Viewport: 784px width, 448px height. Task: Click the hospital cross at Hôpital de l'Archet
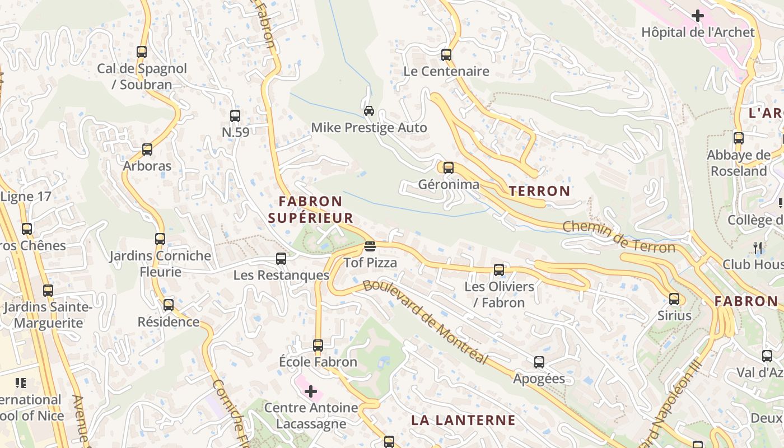pos(697,16)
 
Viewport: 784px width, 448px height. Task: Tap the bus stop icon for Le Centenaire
pos(446,55)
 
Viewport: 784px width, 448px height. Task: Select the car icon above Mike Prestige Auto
pos(369,110)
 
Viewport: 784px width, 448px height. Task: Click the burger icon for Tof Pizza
pos(370,246)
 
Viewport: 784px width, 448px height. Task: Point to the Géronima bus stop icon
pos(449,167)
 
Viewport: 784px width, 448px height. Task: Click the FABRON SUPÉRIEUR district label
pos(311,209)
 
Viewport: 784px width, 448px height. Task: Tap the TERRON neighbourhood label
pos(539,191)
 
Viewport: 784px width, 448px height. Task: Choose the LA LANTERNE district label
pos(463,420)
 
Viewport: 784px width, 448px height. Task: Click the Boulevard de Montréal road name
pos(426,321)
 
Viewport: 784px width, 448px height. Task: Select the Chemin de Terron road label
pos(618,236)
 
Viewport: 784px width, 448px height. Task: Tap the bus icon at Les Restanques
pos(281,259)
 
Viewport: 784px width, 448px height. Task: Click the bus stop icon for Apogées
pos(539,362)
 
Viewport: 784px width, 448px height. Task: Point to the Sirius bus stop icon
pos(674,299)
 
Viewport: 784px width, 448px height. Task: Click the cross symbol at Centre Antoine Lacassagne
pos(311,391)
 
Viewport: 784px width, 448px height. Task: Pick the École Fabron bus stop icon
pos(318,346)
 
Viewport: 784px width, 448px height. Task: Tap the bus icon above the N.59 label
pos(235,116)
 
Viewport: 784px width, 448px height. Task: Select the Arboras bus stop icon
pos(147,150)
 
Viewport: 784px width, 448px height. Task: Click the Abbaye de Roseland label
pos(739,163)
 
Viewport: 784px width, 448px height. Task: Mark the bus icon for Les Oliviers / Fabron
pos(499,270)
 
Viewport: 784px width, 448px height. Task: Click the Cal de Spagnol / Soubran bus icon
pos(142,52)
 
